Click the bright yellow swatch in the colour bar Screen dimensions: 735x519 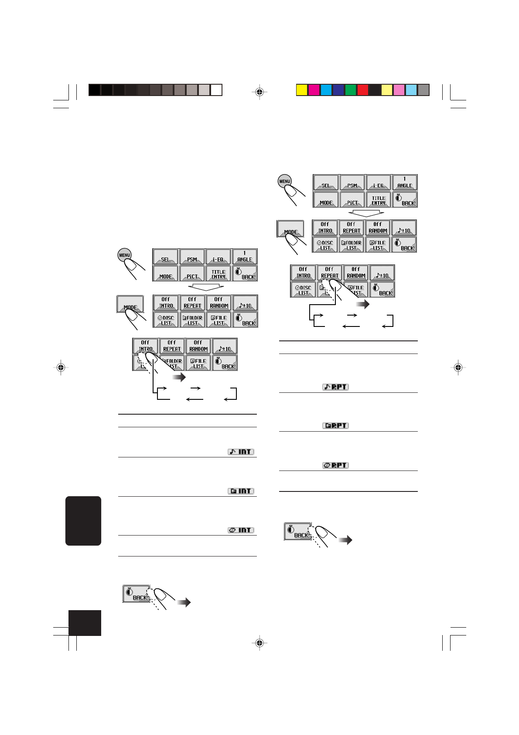point(302,90)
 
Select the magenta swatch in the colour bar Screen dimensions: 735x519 point(314,90)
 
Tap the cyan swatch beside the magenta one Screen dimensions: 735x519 point(326,90)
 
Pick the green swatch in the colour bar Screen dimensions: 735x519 point(351,90)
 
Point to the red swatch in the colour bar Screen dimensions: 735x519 point(363,90)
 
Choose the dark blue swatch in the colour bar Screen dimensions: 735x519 point(338,90)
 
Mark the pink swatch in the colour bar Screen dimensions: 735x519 point(399,90)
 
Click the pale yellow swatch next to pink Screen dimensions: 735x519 point(387,90)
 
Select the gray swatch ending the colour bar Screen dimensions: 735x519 point(423,90)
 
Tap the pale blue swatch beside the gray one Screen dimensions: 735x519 point(411,90)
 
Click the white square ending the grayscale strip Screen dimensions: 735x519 point(216,90)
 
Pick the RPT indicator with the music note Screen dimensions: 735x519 point(335,387)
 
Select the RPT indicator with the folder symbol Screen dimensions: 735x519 point(335,426)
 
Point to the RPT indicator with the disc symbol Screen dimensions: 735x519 point(335,465)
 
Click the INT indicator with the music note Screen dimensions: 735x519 point(241,452)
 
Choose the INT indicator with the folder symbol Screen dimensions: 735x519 point(241,491)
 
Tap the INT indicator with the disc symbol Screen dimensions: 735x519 point(241,530)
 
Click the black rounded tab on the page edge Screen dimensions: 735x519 point(83,521)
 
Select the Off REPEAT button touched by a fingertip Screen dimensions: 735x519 point(330,272)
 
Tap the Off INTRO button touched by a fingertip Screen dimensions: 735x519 point(145,346)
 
